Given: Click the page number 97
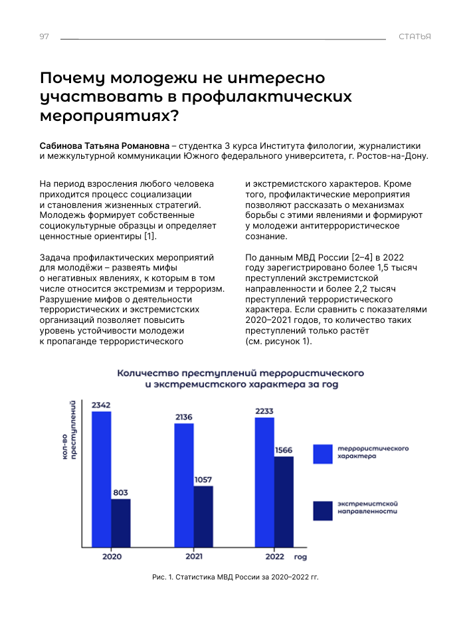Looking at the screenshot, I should tap(45, 37).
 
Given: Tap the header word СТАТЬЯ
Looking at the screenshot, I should tap(415, 37).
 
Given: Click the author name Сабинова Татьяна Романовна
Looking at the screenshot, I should tap(105, 146).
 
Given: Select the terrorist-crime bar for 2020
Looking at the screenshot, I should tap(102, 478).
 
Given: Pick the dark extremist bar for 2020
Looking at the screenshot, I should tap(120, 522).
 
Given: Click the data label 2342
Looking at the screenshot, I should tap(101, 405).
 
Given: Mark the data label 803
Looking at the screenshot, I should tap(120, 492).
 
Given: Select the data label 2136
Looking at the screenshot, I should tap(184, 417).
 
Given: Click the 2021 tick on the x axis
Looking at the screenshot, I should tap(194, 556).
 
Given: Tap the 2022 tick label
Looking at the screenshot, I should tap(274, 556).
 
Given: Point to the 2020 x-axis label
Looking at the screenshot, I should tap(112, 556).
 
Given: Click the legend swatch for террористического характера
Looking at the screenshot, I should tap(322, 453).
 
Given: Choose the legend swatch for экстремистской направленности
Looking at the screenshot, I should tap(322, 510).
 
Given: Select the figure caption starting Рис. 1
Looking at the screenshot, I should tap(235, 577).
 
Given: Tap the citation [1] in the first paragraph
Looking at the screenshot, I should tap(151, 237).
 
